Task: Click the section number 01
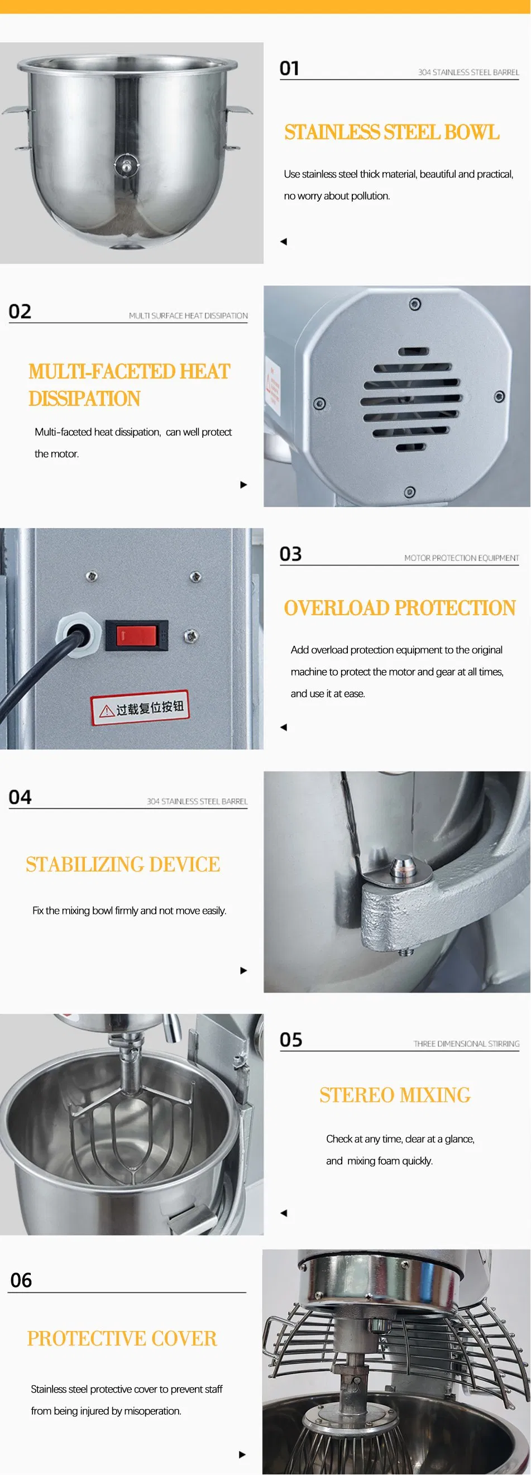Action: click(289, 69)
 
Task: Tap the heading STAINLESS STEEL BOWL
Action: click(392, 132)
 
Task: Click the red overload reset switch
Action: click(137, 635)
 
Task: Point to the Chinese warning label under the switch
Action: click(140, 708)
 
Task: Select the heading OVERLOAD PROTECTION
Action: click(400, 607)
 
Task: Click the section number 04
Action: click(20, 797)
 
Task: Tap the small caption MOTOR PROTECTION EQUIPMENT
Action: click(462, 558)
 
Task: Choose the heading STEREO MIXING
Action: click(395, 1095)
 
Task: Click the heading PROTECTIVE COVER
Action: click(122, 1338)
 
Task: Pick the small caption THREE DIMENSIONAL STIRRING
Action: click(466, 1043)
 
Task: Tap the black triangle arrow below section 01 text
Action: click(284, 242)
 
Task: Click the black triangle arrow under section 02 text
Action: click(243, 485)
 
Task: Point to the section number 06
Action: click(21, 1280)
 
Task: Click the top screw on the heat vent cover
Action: click(415, 304)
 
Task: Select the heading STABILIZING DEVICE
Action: click(123, 864)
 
